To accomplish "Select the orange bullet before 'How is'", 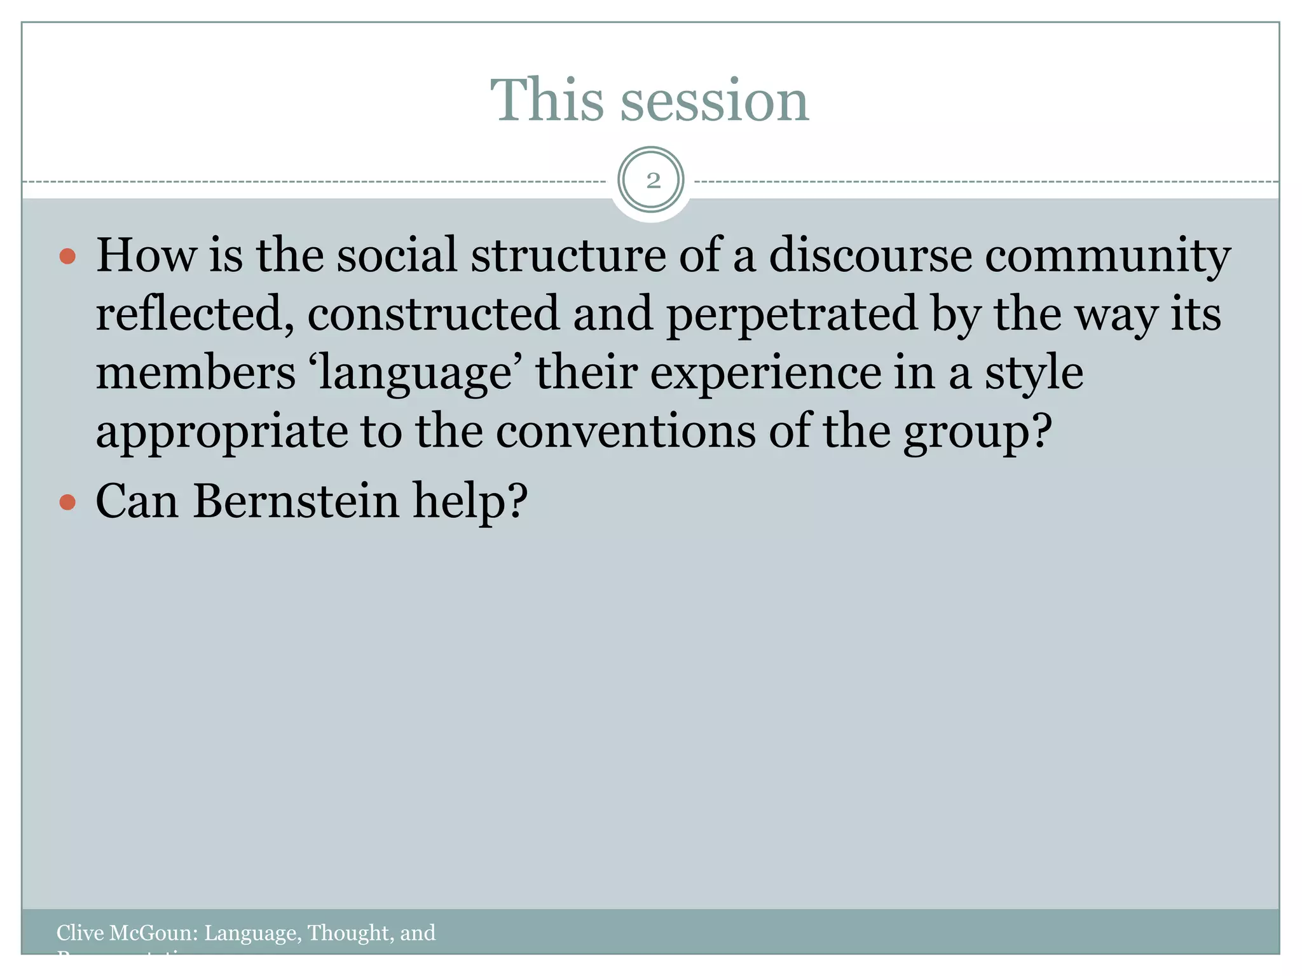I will pyautogui.click(x=67, y=257).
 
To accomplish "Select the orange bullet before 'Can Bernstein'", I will pyautogui.click(x=67, y=503).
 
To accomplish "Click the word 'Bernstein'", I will pyautogui.click(x=296, y=501).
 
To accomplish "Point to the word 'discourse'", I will pyautogui.click(x=870, y=255).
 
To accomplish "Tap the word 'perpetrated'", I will pyautogui.click(x=791, y=315).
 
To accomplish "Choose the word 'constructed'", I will pyautogui.click(x=434, y=314).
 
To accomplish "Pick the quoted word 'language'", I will pyautogui.click(x=415, y=374).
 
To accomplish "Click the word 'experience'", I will pyautogui.click(x=765, y=374).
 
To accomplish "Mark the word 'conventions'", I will pyautogui.click(x=625, y=431).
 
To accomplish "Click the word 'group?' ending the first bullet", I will pyautogui.click(x=978, y=433).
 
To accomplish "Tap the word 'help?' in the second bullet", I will pyautogui.click(x=470, y=501).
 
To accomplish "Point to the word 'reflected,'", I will pyautogui.click(x=195, y=314).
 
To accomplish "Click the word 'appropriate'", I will pyautogui.click(x=222, y=433).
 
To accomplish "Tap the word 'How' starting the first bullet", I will pyautogui.click(x=146, y=255).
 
